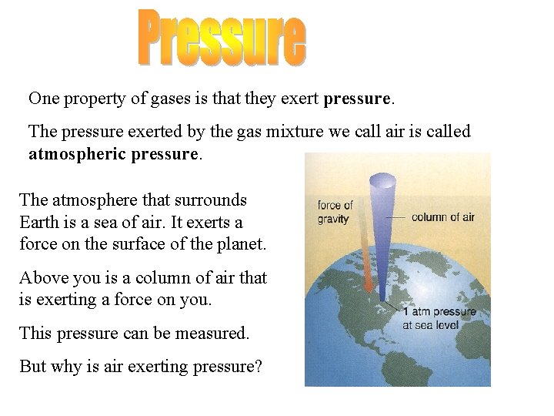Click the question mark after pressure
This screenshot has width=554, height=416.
(x=258, y=366)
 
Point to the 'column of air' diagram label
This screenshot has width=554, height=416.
(x=443, y=216)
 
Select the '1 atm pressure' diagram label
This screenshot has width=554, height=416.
(x=439, y=312)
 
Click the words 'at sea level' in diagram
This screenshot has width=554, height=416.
(x=432, y=324)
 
